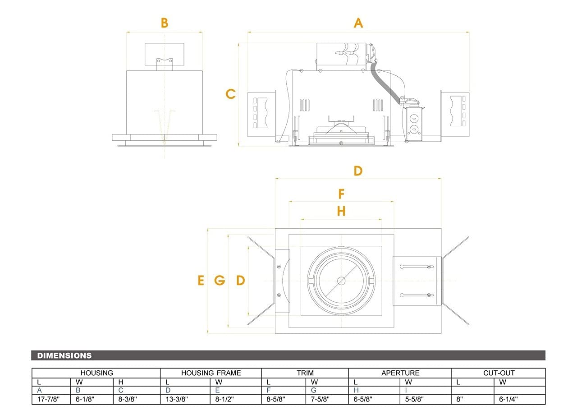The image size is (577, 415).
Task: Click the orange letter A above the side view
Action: click(x=358, y=23)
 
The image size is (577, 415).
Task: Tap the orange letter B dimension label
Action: click(x=165, y=23)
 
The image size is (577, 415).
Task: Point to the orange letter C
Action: click(x=231, y=94)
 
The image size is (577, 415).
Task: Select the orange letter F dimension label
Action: click(x=341, y=194)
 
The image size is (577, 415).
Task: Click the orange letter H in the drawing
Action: click(x=341, y=211)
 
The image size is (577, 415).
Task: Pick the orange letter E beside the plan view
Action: click(x=201, y=281)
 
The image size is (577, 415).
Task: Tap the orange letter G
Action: click(x=220, y=281)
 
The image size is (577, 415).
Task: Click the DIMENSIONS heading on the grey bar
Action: click(x=64, y=355)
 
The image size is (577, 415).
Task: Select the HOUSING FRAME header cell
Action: click(x=211, y=373)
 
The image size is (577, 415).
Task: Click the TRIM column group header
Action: click(x=305, y=373)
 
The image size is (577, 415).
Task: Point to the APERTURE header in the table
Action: click(x=400, y=373)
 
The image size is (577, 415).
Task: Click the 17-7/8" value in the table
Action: click(x=48, y=399)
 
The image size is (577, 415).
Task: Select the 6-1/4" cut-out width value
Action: click(x=508, y=399)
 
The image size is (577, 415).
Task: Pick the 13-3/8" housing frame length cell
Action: click(x=177, y=399)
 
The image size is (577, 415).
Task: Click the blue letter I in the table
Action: click(x=407, y=390)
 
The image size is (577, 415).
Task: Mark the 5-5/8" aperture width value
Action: click(x=415, y=399)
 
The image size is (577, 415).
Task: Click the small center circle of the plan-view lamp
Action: click(x=341, y=281)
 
